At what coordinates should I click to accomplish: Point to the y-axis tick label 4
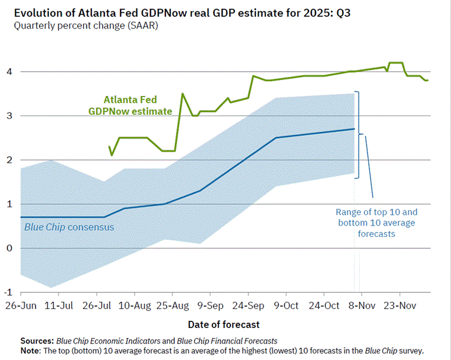point(9,72)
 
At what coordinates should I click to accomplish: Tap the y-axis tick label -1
point(8,292)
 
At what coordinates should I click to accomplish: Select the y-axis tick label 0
point(9,248)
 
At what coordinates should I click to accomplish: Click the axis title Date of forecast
point(224,324)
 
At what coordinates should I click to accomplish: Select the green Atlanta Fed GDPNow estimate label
point(130,106)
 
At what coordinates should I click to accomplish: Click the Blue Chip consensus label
point(69,227)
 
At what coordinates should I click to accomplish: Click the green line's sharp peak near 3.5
point(182,94)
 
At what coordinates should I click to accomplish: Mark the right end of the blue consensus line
point(354,129)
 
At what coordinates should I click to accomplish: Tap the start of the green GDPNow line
point(109,146)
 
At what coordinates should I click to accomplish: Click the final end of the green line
point(428,80)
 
